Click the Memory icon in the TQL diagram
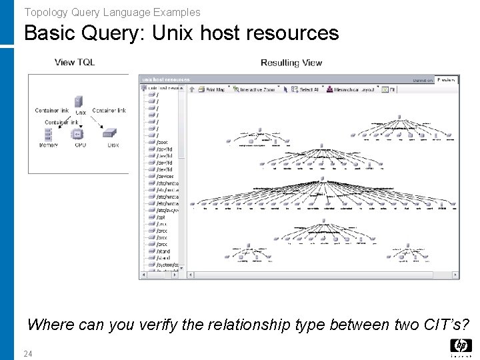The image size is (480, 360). [49, 134]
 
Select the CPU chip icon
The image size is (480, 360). [79, 134]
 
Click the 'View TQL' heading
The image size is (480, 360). [75, 63]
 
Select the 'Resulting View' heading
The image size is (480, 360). [291, 63]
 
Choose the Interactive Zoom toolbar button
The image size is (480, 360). [256, 89]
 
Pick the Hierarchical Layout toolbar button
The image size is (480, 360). [353, 89]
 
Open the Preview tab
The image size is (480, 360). [446, 80]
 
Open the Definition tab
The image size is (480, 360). [423, 80]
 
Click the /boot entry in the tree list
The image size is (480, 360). [162, 142]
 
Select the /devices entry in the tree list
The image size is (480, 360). [165, 176]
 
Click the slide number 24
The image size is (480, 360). [28, 353]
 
